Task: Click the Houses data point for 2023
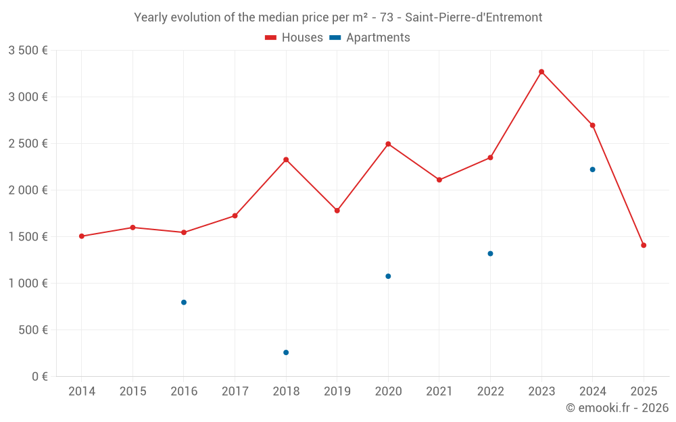[x=541, y=72]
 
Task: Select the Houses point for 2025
[x=644, y=245]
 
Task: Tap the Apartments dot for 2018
[x=286, y=352]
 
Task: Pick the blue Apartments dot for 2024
[x=592, y=169]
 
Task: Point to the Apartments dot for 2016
[x=184, y=302]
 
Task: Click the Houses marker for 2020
[x=388, y=144]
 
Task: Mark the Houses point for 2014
[x=82, y=236]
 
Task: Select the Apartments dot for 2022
[x=490, y=254]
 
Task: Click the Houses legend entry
[x=294, y=38]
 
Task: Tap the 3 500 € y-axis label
[x=28, y=51]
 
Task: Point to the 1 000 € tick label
[x=28, y=284]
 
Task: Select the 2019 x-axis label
[x=337, y=392]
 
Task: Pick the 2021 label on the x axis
[x=439, y=392]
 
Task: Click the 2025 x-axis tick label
[x=644, y=392]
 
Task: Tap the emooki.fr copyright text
[x=617, y=408]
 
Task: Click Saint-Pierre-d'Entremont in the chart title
[x=473, y=18]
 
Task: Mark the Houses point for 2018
[x=286, y=159]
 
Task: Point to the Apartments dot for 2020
[x=388, y=276]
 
